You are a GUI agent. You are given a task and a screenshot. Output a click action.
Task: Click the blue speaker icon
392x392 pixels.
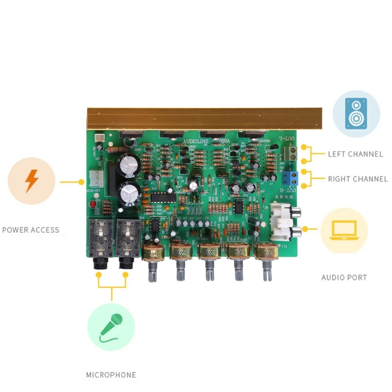356,113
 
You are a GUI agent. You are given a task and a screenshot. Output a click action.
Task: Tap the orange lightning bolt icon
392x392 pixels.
31,181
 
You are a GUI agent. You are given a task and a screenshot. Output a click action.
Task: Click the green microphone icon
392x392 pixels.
111,326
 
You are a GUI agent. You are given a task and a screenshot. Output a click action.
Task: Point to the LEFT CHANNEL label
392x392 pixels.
355,154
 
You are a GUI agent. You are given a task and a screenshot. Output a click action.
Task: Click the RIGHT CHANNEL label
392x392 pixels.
358,179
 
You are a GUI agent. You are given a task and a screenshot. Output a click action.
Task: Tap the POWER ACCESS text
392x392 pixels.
30,230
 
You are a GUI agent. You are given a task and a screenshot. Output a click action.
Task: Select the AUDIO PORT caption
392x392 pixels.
344,277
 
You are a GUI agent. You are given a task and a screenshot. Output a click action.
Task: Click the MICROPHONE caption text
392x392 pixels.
111,375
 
